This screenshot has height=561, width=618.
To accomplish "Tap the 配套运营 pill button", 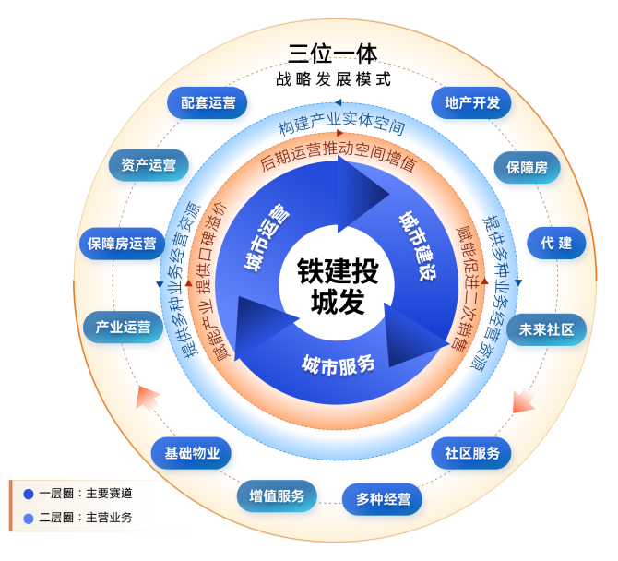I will click(208, 103).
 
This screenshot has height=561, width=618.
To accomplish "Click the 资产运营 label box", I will click(149, 165).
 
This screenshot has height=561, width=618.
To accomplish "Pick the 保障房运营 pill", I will click(122, 244).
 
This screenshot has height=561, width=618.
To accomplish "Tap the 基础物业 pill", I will click(192, 453).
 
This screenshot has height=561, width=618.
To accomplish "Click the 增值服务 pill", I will click(277, 495).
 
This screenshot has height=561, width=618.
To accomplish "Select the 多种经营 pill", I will click(383, 499).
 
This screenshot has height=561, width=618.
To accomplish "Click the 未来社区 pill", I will click(546, 329).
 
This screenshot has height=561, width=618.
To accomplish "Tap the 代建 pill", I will click(556, 244).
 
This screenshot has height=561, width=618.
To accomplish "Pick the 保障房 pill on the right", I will click(526, 168).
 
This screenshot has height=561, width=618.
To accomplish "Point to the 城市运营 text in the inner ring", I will click(266, 236).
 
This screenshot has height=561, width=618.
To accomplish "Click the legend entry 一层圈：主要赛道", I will click(86, 494).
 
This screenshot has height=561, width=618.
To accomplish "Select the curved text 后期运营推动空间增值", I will click(337, 161).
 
